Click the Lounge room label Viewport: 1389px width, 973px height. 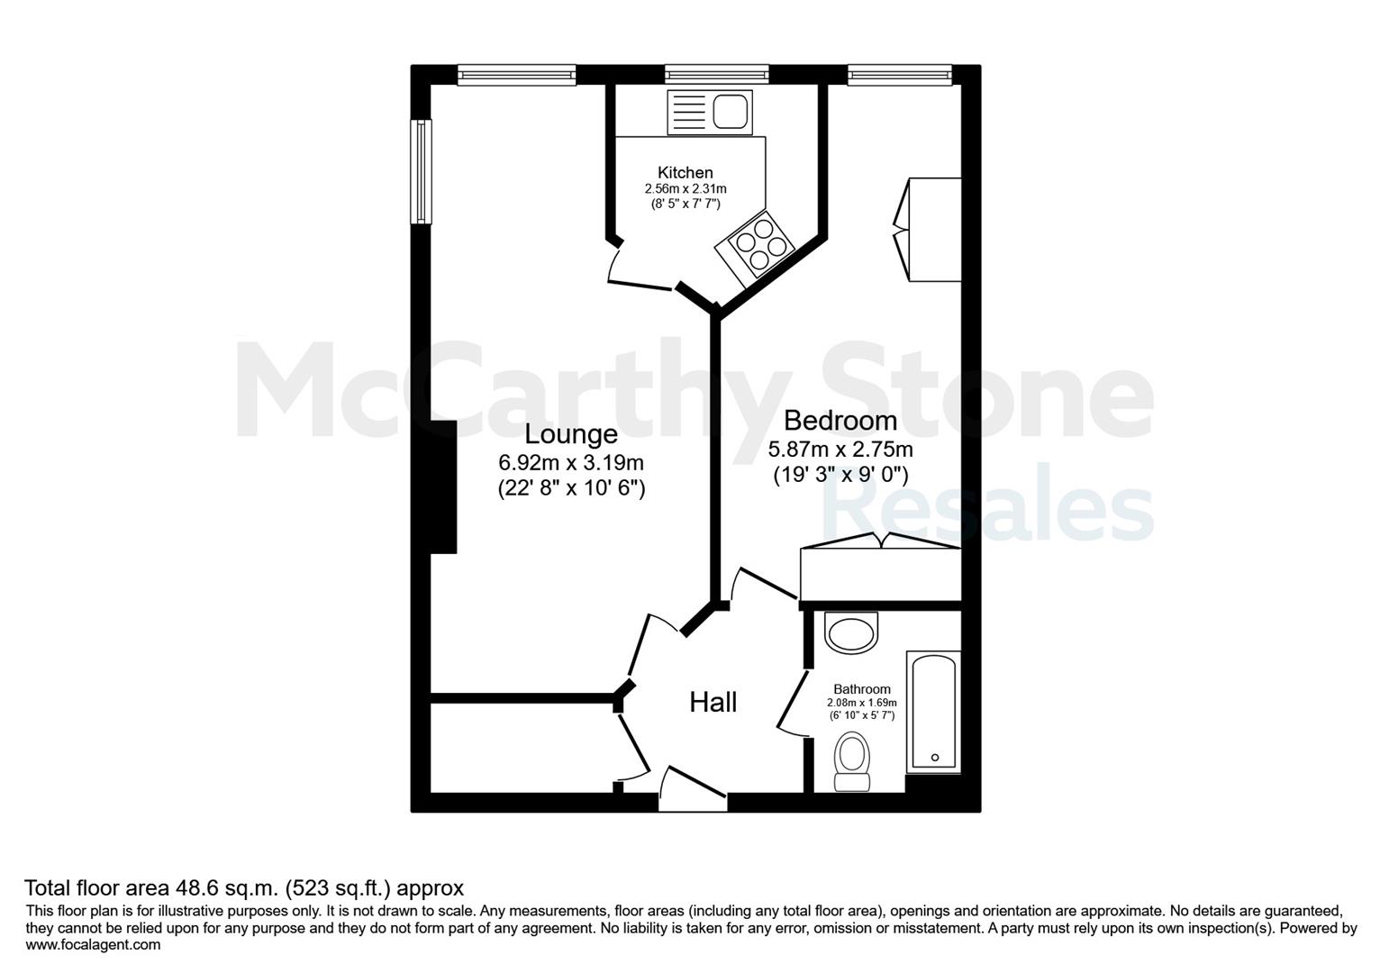(570, 435)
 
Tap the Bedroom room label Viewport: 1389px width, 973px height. (840, 421)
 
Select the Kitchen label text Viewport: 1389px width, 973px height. (685, 172)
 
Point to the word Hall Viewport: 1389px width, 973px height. (713, 703)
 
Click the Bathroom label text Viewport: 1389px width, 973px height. (861, 689)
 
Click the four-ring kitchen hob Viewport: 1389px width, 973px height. (755, 244)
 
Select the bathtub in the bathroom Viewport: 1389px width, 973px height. (933, 712)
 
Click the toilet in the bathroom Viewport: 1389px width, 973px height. (852, 761)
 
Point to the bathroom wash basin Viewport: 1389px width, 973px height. (850, 632)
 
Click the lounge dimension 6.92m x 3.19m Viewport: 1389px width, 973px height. (570, 462)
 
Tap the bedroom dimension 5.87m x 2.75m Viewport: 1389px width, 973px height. (840, 449)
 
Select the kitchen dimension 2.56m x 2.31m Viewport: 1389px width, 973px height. (685, 188)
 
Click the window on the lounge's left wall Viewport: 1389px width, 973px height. (422, 171)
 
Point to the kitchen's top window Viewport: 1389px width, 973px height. (717, 75)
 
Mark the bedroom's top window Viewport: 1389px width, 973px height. (900, 75)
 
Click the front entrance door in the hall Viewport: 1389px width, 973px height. (693, 789)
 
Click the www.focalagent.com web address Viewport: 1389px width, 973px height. (93, 944)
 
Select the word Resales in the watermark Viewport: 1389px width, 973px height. (987, 504)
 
